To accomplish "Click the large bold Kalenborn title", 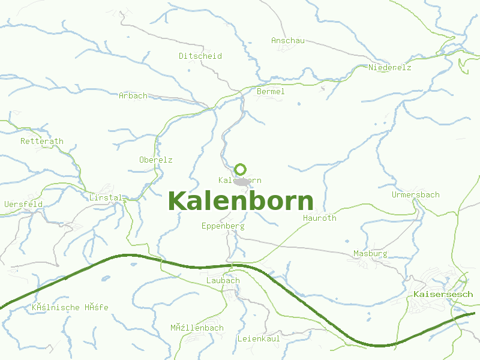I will [x=241, y=201].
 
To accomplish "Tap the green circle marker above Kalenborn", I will [x=241, y=169].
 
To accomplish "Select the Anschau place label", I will [x=288, y=41].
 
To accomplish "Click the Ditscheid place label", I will [x=200, y=56].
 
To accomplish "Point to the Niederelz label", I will [x=390, y=68].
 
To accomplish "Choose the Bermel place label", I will [x=271, y=92].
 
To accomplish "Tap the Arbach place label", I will [x=133, y=96].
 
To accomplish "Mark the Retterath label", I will [x=42, y=142].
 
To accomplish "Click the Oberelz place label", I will [x=156, y=160].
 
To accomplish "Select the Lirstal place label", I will [x=106, y=197].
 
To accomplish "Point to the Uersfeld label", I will [x=23, y=205].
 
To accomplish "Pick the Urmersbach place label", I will [x=415, y=195].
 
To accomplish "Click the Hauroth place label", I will [x=320, y=218].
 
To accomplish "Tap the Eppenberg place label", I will [x=223, y=226].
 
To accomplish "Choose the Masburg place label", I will [x=370, y=254].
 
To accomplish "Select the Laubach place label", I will [x=223, y=280].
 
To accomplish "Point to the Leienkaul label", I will [x=259, y=338].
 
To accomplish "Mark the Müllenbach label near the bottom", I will [x=197, y=328].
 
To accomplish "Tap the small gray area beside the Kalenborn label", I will [x=242, y=182].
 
